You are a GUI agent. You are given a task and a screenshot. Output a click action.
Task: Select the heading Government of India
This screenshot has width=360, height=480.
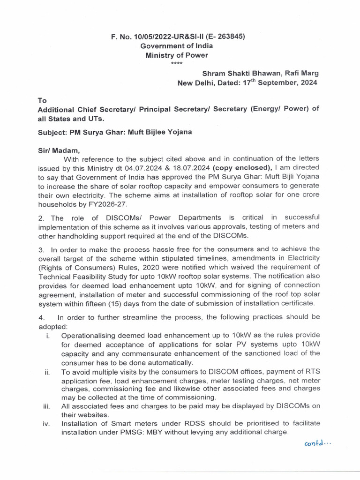coord(177,46)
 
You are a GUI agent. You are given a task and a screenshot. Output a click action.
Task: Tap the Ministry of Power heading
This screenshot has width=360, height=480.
coord(177,55)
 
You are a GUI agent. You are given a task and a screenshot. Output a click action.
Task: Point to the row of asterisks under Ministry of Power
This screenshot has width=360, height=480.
coord(177,64)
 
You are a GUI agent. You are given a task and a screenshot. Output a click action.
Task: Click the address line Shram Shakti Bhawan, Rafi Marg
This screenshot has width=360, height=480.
coord(260,73)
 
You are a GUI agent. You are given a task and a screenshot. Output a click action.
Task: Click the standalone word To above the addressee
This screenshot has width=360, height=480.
coord(42,100)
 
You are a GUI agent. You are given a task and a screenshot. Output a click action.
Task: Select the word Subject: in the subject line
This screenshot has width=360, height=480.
coord(52,132)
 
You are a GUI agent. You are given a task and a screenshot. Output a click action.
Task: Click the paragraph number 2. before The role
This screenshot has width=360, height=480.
coord(41,217)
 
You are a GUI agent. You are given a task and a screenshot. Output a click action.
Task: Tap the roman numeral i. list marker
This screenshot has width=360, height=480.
coord(48,335)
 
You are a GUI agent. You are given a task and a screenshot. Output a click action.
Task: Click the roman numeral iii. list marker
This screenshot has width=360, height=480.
coord(47,407)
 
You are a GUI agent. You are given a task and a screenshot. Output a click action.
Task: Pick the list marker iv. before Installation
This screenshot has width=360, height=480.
coord(47,424)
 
